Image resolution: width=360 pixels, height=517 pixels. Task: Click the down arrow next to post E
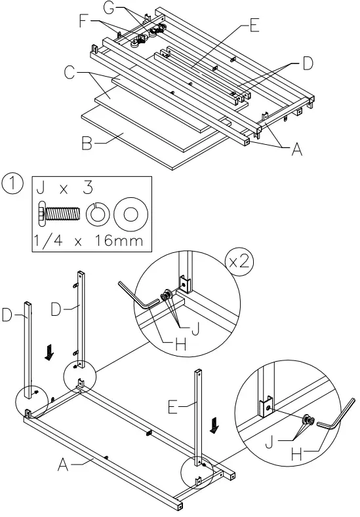pos(214,427)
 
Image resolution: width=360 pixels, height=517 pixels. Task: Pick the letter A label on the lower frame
pos(62,466)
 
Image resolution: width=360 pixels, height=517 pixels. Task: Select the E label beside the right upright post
pos(172,408)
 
